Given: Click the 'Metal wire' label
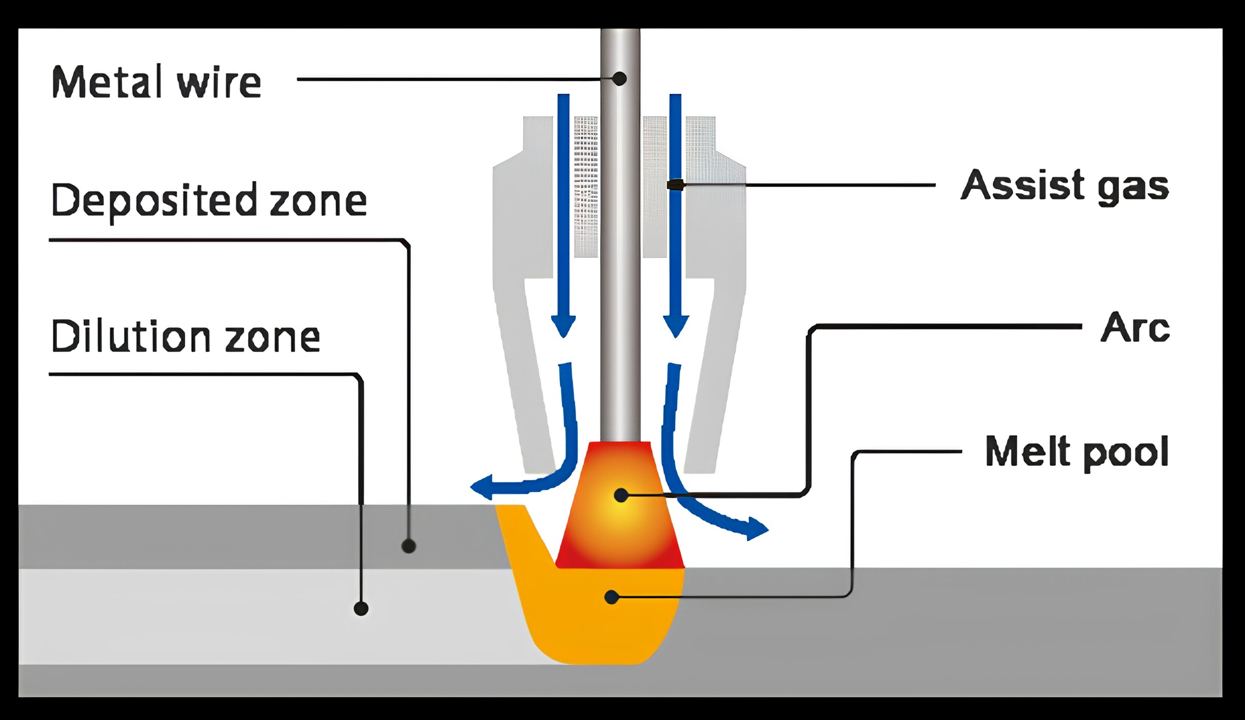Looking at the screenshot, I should click(x=156, y=82).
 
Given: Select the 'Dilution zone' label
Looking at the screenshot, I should click(x=186, y=336).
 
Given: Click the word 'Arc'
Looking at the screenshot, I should click(x=1135, y=327).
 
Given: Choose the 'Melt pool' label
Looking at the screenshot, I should click(x=1077, y=452).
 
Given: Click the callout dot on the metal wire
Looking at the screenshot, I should click(x=619, y=79).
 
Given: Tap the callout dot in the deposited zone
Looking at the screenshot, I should click(x=408, y=547).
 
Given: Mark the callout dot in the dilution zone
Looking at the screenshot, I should click(x=361, y=608).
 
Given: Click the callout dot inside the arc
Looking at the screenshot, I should click(x=621, y=495).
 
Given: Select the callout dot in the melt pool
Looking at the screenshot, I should click(x=612, y=597).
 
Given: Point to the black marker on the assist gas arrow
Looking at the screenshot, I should click(x=675, y=185).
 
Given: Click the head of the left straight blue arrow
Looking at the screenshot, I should click(x=564, y=326).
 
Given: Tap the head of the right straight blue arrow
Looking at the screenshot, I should click(x=676, y=326).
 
